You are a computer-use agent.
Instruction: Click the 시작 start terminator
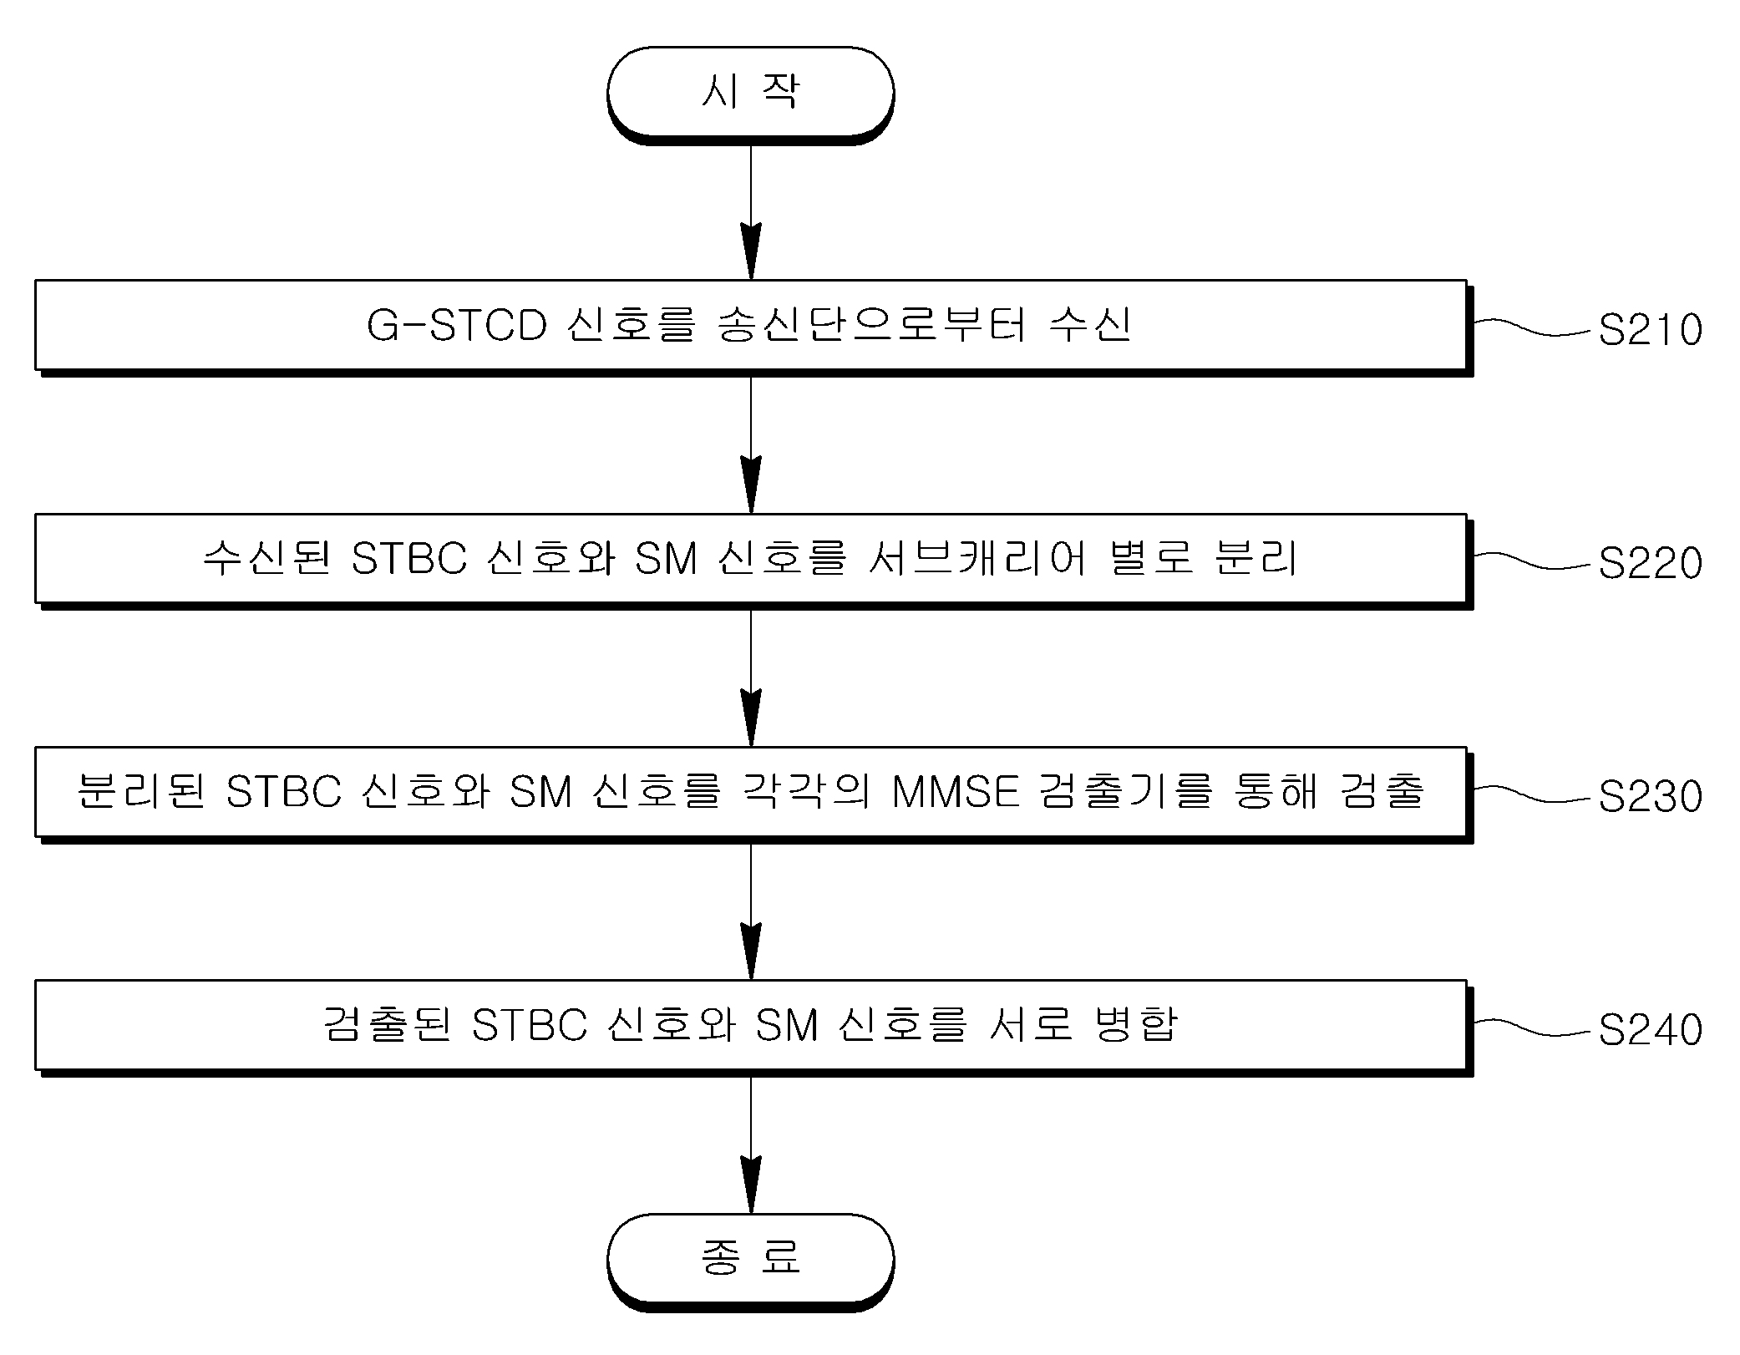750,94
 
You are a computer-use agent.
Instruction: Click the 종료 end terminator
750,1261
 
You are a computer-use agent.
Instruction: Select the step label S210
1650,330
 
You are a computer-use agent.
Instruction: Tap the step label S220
1650,563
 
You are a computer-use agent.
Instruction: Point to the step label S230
1650,796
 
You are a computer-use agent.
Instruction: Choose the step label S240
1650,1029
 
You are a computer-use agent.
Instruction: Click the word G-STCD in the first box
457,326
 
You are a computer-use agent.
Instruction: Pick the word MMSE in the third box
956,792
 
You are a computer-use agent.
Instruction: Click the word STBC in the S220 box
408,559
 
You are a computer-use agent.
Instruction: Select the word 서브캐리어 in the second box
977,558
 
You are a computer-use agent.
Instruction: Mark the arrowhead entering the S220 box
751,485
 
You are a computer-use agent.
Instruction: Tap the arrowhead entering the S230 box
751,718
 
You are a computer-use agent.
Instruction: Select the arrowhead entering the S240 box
751,951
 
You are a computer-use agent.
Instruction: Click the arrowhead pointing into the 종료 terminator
751,1185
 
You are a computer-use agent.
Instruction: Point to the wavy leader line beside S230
1532,794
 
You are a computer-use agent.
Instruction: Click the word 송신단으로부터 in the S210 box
871,325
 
